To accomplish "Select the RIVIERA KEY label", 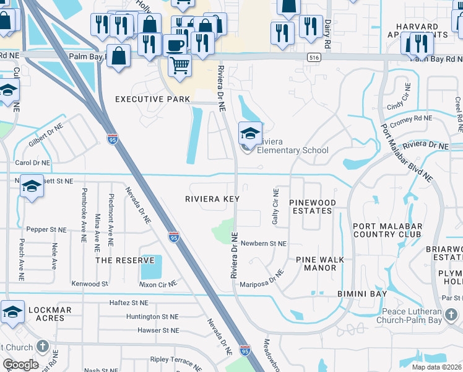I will (212, 199).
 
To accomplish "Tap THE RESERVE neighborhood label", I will (125, 260).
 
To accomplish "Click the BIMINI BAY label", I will (362, 293).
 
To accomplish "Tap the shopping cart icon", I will (179, 64).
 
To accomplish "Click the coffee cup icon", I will (175, 45).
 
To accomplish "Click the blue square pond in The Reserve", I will (151, 267).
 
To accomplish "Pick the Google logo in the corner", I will (20, 365).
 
